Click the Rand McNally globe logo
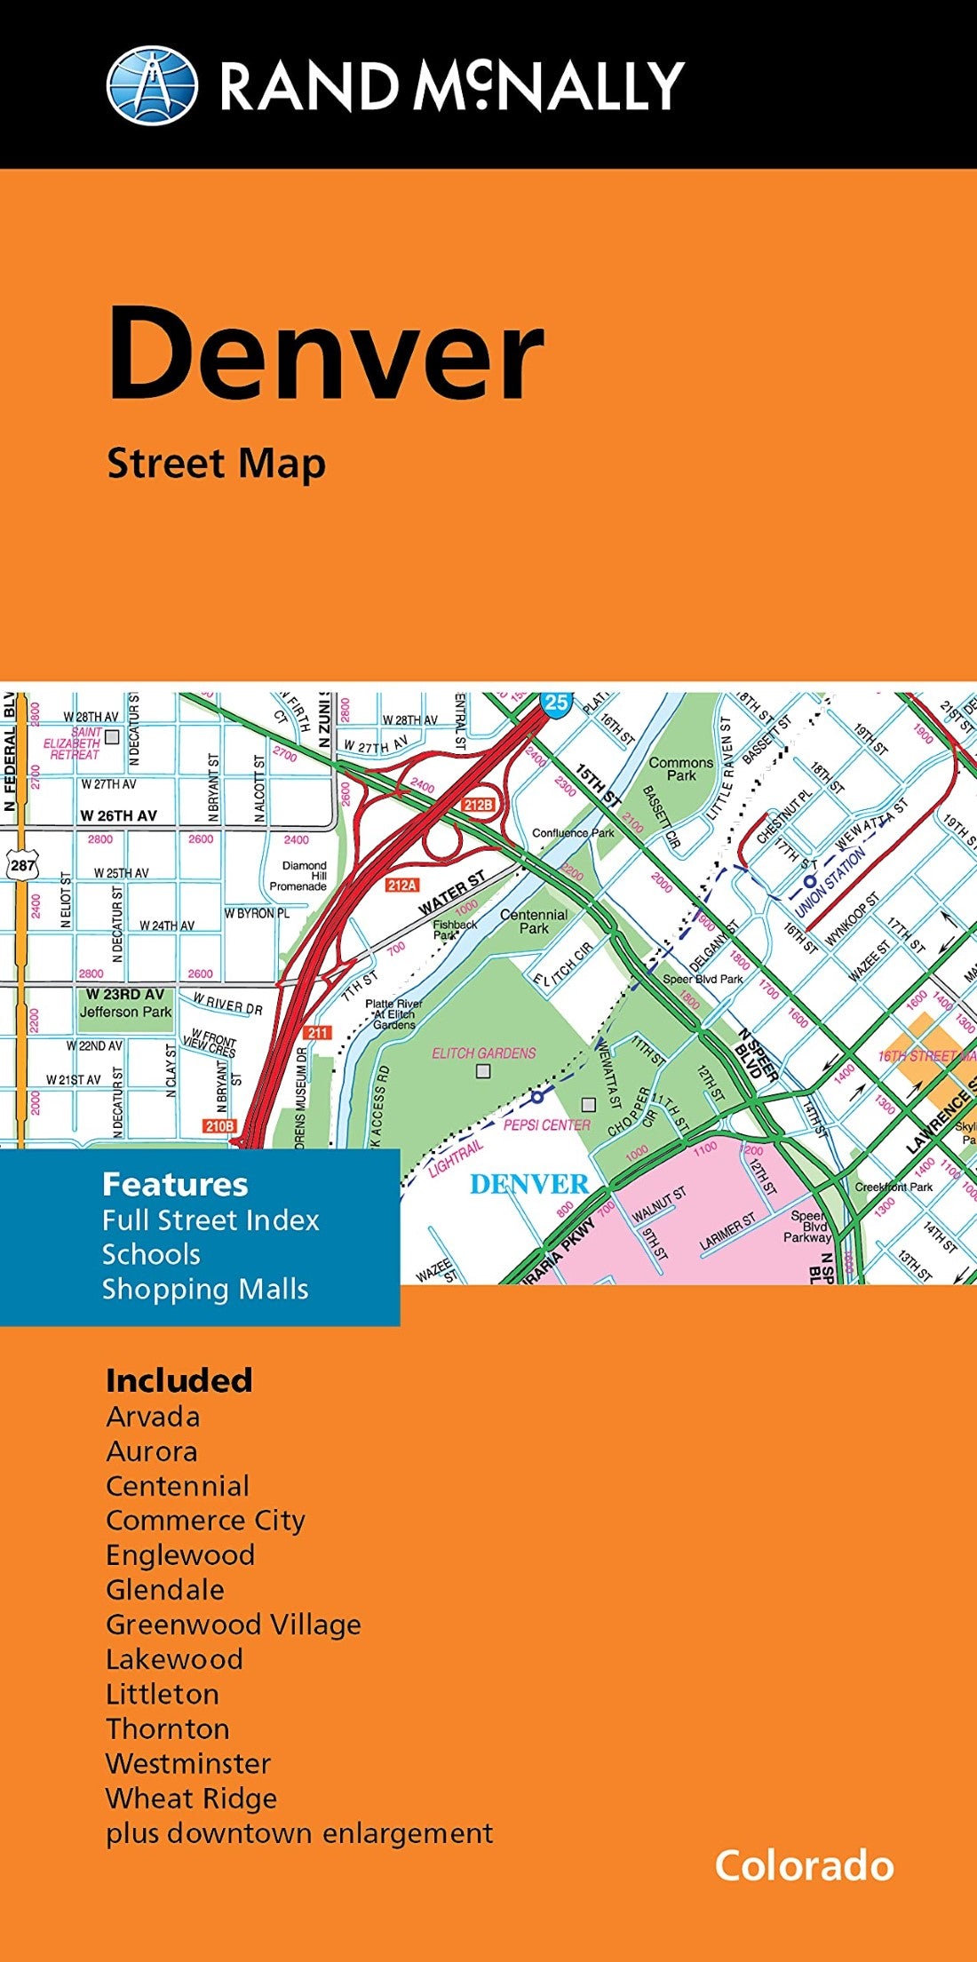point(152,85)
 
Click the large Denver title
point(325,354)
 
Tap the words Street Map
point(217,465)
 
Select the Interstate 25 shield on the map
point(556,703)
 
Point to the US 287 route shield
point(23,864)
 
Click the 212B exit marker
point(477,805)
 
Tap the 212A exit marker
point(401,885)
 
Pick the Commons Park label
point(680,769)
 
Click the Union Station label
point(830,882)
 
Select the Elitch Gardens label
point(484,1053)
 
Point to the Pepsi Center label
point(546,1124)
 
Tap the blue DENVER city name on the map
point(528,1184)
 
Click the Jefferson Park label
point(126,1012)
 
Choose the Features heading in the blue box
point(175,1184)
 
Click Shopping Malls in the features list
point(205,1289)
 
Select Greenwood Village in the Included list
point(234,1624)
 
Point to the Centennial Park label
point(534,921)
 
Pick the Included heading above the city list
point(179,1380)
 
